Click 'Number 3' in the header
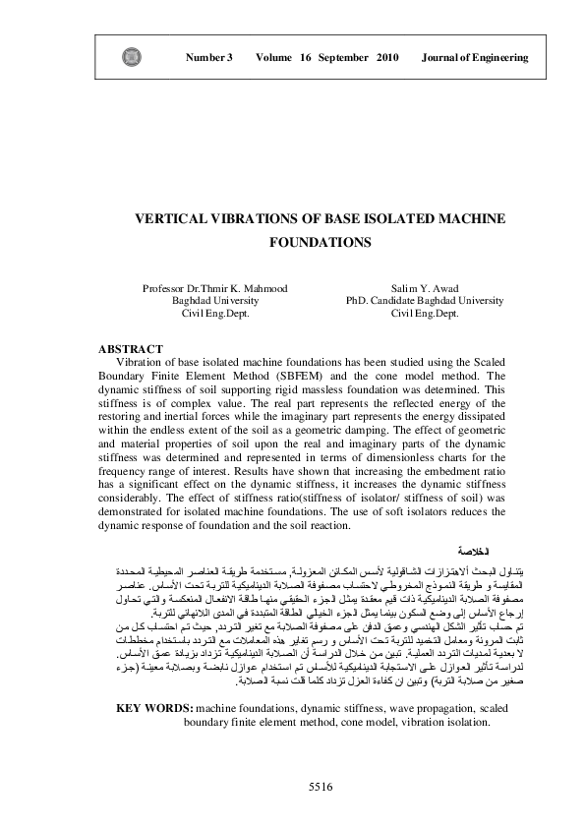pos(208,58)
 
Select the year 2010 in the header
pos(386,58)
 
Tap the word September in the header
pos(343,58)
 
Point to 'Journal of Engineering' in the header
pos(475,58)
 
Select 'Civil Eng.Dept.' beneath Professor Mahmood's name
pos(214,313)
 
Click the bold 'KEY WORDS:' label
pos(153,708)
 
